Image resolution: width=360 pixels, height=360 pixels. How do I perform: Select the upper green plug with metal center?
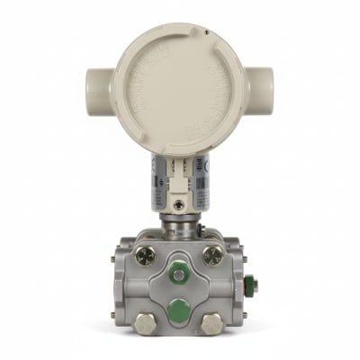(180, 273)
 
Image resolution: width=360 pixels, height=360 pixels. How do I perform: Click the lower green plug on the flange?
(180, 309)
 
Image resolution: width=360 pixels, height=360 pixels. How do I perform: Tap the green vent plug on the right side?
(253, 287)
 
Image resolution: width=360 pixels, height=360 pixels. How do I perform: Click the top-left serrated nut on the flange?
(145, 256)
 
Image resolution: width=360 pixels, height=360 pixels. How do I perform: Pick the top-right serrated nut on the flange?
(213, 256)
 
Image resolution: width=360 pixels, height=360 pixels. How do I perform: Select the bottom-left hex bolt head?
(145, 323)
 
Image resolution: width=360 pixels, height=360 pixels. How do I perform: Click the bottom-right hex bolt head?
(213, 323)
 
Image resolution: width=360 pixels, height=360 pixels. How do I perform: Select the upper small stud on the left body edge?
(112, 260)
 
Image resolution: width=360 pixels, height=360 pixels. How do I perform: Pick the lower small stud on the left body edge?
(112, 314)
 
